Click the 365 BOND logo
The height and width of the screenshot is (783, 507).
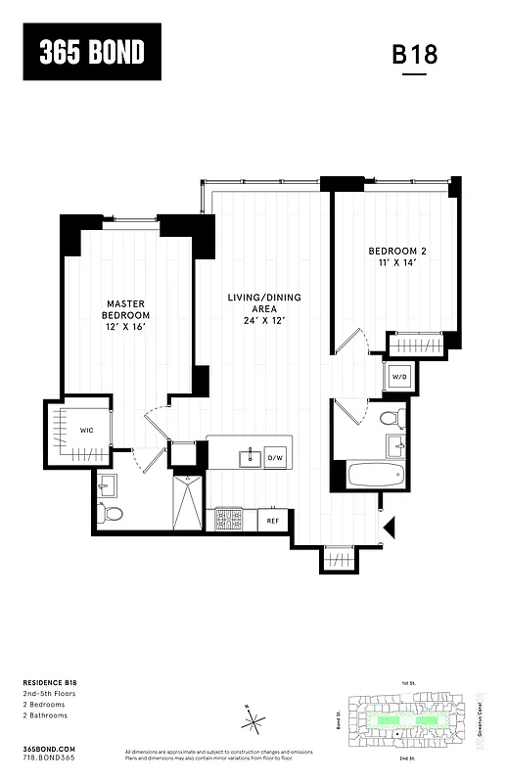(x=91, y=53)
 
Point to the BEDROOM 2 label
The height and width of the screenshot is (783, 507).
(x=397, y=256)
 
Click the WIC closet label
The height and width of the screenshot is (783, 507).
(x=87, y=429)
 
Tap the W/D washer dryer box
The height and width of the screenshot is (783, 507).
(x=399, y=377)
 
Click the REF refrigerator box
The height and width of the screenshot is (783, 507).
(x=274, y=522)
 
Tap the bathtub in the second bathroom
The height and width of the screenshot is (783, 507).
(x=376, y=476)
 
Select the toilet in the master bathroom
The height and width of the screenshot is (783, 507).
(x=114, y=513)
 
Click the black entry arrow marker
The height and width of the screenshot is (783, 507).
(x=389, y=528)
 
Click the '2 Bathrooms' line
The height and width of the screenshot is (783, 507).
(x=47, y=715)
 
